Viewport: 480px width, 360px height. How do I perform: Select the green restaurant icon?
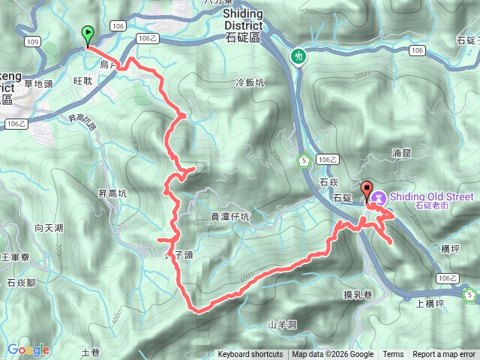tap(298, 57)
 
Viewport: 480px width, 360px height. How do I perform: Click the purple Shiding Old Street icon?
tap(379, 197)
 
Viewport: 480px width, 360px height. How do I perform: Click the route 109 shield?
tap(31, 41)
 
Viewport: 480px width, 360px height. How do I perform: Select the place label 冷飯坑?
tap(250, 83)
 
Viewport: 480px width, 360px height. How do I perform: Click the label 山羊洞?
tap(283, 325)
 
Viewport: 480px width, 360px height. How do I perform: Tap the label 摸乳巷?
tap(358, 294)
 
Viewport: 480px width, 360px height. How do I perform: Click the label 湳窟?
tap(401, 152)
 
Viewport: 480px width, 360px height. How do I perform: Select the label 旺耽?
tap(83, 79)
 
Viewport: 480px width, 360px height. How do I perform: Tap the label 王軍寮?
tap(14, 257)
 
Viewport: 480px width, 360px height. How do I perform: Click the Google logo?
tap(28, 349)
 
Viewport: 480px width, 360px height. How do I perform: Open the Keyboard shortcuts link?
tap(250, 355)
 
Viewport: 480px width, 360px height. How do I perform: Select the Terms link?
tap(393, 355)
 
